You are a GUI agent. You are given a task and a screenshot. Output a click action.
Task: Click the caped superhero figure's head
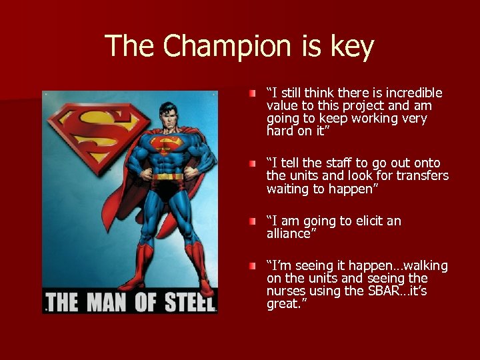[x=168, y=109]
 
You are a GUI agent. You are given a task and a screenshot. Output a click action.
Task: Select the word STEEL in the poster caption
[x=188, y=301]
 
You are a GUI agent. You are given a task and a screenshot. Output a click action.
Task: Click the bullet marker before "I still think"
[x=251, y=92]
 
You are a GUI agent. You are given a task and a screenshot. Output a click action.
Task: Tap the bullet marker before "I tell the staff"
[x=251, y=163]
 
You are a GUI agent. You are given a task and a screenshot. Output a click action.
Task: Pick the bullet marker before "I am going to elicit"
[x=251, y=221]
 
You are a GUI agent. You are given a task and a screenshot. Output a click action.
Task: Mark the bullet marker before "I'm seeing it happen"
[x=251, y=266]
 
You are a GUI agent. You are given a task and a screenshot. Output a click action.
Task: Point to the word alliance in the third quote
[x=289, y=233]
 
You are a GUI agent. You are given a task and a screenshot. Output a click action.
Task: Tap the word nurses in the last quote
[x=285, y=291]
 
